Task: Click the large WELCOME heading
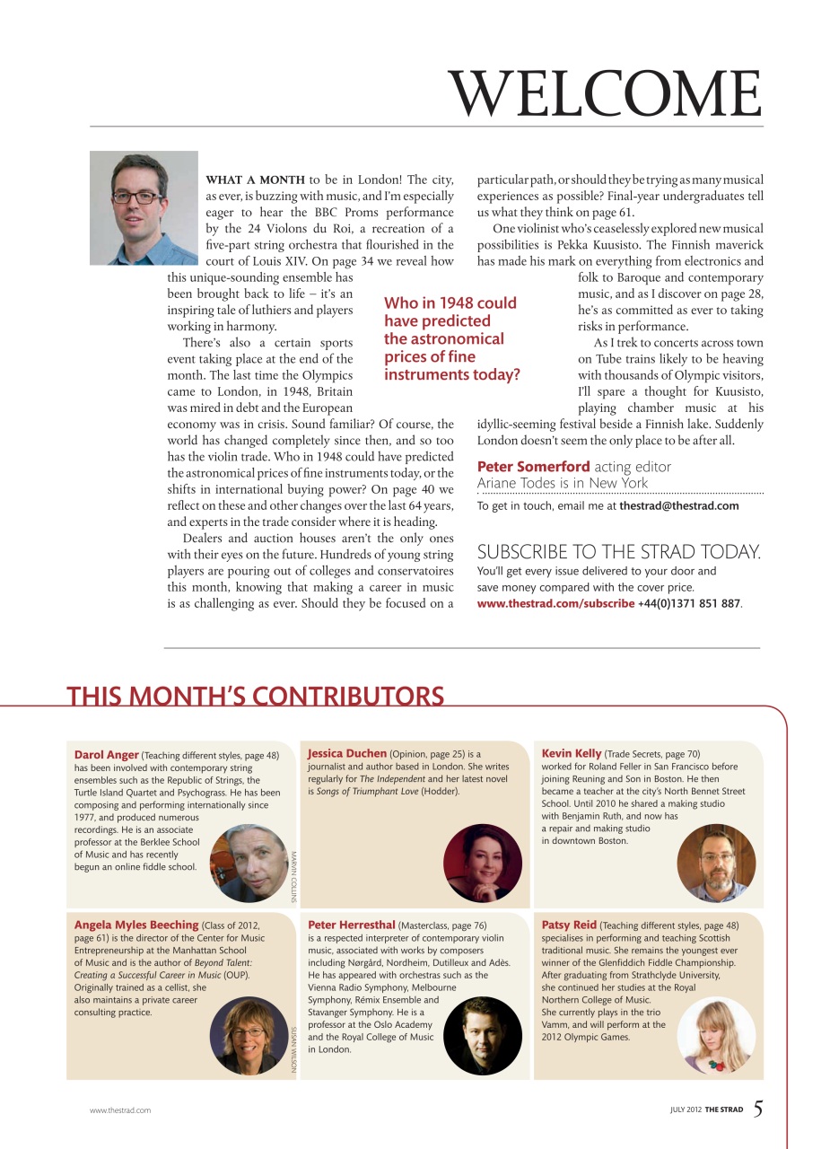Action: pyautogui.click(x=605, y=92)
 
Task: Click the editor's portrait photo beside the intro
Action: pyautogui.click(x=144, y=207)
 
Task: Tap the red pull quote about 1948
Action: pyautogui.click(x=451, y=339)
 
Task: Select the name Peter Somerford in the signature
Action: pyautogui.click(x=533, y=466)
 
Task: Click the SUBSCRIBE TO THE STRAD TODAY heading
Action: pyautogui.click(x=618, y=552)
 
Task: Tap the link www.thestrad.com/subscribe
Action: pyautogui.click(x=555, y=603)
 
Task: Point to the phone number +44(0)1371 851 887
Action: pyautogui.click(x=689, y=603)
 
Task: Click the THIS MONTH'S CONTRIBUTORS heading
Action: pyautogui.click(x=255, y=697)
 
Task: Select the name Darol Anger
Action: pyautogui.click(x=106, y=755)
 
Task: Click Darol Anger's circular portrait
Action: pyautogui.click(x=249, y=863)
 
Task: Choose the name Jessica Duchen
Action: pyautogui.click(x=347, y=753)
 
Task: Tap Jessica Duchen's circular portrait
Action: pyautogui.click(x=482, y=863)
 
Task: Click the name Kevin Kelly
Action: pyautogui.click(x=572, y=753)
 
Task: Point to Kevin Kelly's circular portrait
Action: pyautogui.click(x=716, y=863)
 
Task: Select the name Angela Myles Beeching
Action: pyautogui.click(x=136, y=925)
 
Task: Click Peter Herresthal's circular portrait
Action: pyautogui.click(x=482, y=1035)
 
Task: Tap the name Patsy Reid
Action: pyautogui.click(x=569, y=925)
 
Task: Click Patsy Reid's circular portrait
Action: pyautogui.click(x=716, y=1035)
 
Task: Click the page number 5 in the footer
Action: pyautogui.click(x=758, y=1109)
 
